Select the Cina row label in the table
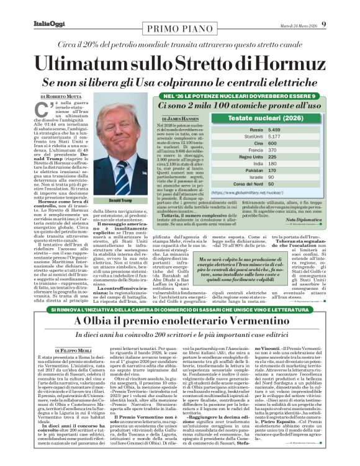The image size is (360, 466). [255, 142]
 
